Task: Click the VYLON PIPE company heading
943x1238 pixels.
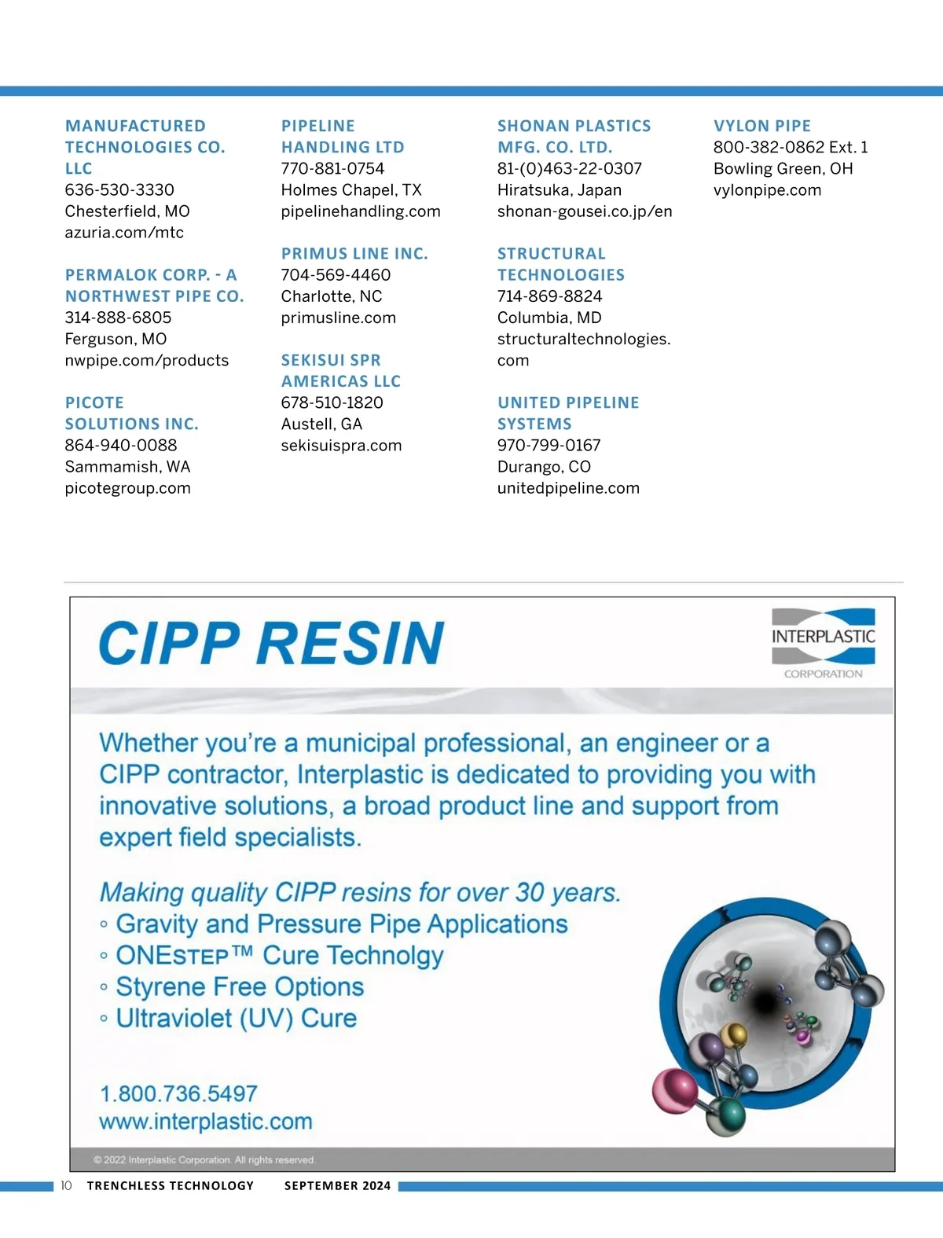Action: pyautogui.click(x=761, y=126)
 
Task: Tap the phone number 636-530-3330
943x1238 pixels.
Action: pyautogui.click(x=119, y=189)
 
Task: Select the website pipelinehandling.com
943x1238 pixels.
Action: pyautogui.click(x=361, y=211)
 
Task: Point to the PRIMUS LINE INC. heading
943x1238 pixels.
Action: pyautogui.click(x=354, y=254)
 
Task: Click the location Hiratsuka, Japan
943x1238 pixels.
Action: pyautogui.click(x=559, y=190)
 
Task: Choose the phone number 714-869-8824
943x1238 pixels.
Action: pyautogui.click(x=549, y=296)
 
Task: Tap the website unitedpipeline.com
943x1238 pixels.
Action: pyautogui.click(x=568, y=488)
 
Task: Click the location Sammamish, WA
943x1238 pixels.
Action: pyautogui.click(x=127, y=467)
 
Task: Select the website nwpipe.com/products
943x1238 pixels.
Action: pyautogui.click(x=147, y=361)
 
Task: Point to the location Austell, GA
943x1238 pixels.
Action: pyautogui.click(x=321, y=424)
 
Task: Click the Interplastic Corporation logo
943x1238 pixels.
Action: pyautogui.click(x=823, y=642)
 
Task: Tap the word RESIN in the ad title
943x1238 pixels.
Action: pyautogui.click(x=350, y=644)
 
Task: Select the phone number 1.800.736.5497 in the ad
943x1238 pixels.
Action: pyautogui.click(x=178, y=1093)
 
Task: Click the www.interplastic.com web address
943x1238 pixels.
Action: pyautogui.click(x=206, y=1122)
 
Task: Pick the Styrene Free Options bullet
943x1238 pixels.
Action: pyautogui.click(x=240, y=987)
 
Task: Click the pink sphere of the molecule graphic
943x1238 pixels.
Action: pyautogui.click(x=674, y=1090)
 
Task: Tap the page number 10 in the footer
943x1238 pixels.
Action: pyautogui.click(x=66, y=1185)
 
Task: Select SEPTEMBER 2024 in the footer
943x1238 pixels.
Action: pyautogui.click(x=337, y=1186)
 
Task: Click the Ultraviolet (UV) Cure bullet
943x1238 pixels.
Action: pyautogui.click(x=236, y=1019)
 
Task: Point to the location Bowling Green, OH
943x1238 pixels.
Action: pyautogui.click(x=783, y=169)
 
